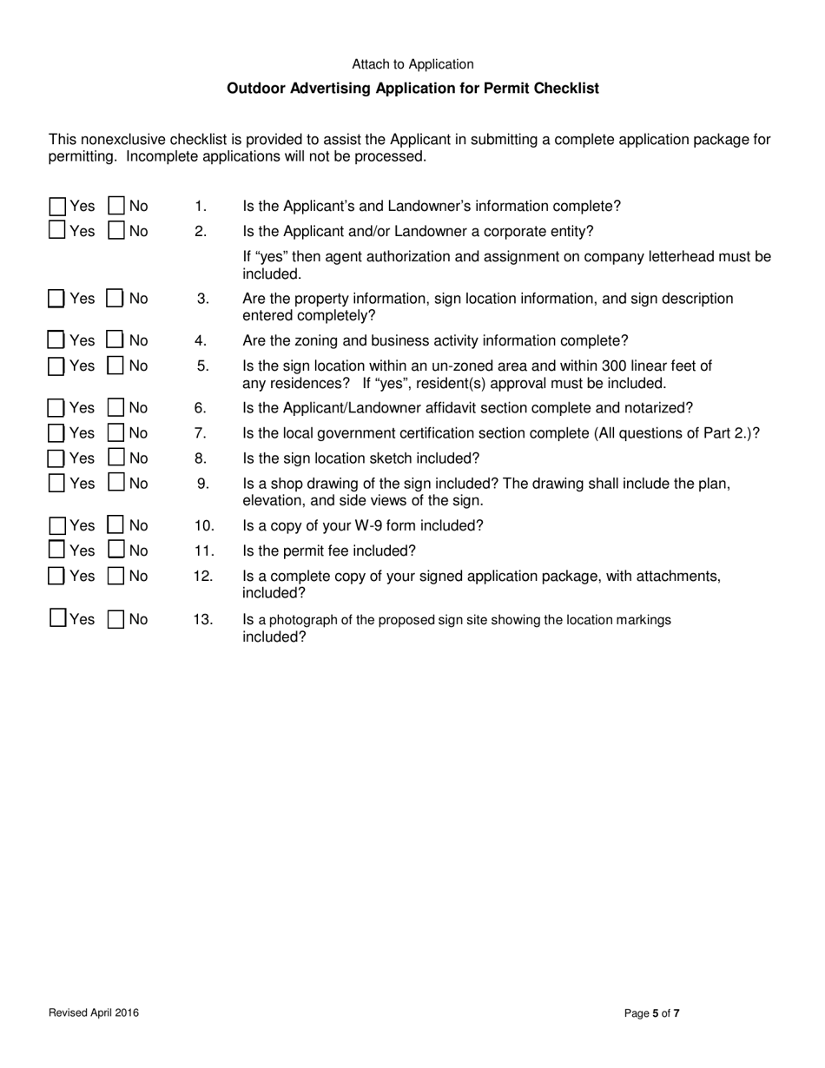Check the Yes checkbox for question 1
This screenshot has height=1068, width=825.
[x=57, y=207]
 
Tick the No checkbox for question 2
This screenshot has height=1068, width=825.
[x=115, y=231]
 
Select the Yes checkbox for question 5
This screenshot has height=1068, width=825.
[x=56, y=366]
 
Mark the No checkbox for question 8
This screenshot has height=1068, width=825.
[x=115, y=458]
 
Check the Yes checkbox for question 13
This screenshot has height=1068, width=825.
[x=57, y=619]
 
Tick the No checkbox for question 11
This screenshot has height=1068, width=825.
[x=115, y=550]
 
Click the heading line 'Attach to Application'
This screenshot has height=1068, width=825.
[x=412, y=64]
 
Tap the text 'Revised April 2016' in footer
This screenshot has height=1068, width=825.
[x=94, y=1012]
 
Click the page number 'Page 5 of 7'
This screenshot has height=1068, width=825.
[x=652, y=1012]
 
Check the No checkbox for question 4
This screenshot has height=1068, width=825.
[x=115, y=341]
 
